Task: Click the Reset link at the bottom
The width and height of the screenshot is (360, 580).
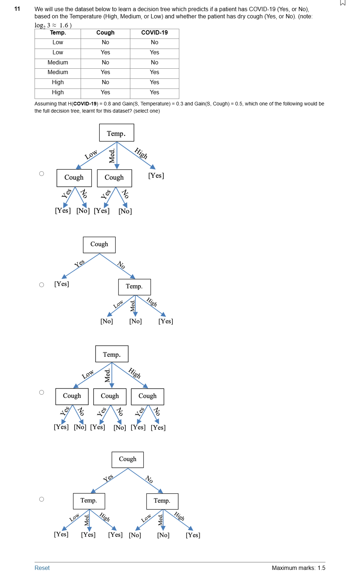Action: [x=42, y=568]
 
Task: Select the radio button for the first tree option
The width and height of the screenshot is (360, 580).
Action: [x=42, y=174]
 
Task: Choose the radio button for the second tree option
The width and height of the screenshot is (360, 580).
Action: [x=42, y=285]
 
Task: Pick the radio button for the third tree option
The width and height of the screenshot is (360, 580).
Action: [x=42, y=393]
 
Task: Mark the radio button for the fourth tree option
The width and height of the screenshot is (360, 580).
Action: [x=42, y=499]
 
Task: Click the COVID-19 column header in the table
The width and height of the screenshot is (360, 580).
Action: [x=154, y=33]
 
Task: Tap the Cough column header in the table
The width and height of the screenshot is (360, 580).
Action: [x=105, y=33]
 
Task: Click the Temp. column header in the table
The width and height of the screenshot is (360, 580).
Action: [x=58, y=33]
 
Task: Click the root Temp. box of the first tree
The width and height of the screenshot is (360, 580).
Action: [x=117, y=133]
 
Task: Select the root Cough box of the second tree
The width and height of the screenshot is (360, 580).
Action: [x=99, y=245]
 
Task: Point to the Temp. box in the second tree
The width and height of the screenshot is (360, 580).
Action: [x=134, y=287]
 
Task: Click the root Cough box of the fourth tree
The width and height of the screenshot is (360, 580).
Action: [x=128, y=459]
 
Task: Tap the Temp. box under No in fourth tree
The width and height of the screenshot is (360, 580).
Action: [x=162, y=501]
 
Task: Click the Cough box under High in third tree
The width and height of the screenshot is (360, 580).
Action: [x=148, y=396]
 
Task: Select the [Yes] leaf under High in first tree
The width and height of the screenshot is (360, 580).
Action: [x=156, y=176]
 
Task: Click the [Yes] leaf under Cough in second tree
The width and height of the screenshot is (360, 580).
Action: [x=62, y=284]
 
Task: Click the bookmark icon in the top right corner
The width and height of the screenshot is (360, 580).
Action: [x=343, y=3]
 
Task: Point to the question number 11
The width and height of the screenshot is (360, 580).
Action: [x=17, y=9]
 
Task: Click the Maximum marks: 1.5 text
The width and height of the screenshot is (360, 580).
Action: [x=298, y=568]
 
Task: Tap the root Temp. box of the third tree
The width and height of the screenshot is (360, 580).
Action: [x=112, y=354]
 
